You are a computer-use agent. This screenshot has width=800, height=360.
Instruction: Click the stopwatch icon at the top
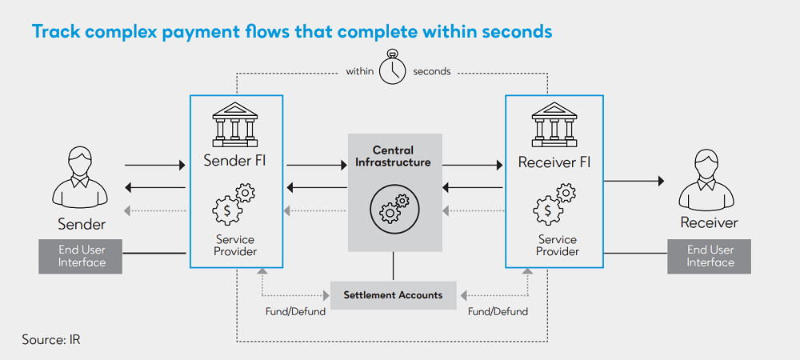pyautogui.click(x=392, y=69)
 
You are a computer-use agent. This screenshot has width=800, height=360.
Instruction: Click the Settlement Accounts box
pyautogui.click(x=393, y=295)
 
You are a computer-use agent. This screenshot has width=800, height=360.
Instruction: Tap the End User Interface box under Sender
pyautogui.click(x=82, y=256)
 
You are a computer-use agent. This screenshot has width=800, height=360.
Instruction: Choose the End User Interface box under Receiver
pyautogui.click(x=710, y=256)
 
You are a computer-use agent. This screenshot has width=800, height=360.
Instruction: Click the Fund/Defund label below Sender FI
pyautogui.click(x=295, y=312)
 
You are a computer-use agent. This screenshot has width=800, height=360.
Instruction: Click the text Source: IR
pyautogui.click(x=51, y=340)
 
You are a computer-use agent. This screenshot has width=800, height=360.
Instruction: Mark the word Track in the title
pyautogui.click(x=57, y=33)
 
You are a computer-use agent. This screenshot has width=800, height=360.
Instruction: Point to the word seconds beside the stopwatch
pyautogui.click(x=432, y=71)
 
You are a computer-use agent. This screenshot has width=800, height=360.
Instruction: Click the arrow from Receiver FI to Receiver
pyautogui.click(x=634, y=182)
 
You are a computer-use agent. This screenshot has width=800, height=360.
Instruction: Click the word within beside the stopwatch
pyautogui.click(x=359, y=71)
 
